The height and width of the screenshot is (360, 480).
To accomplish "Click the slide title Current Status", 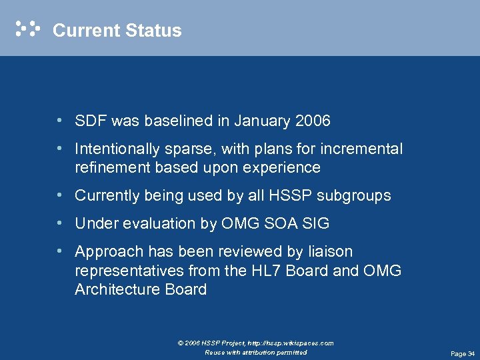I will point(117,31).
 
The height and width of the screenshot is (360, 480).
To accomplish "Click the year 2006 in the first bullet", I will point(311,121).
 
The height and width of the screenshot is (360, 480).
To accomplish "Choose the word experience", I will point(285,167).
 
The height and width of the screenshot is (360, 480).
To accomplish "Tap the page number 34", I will point(471,353).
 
